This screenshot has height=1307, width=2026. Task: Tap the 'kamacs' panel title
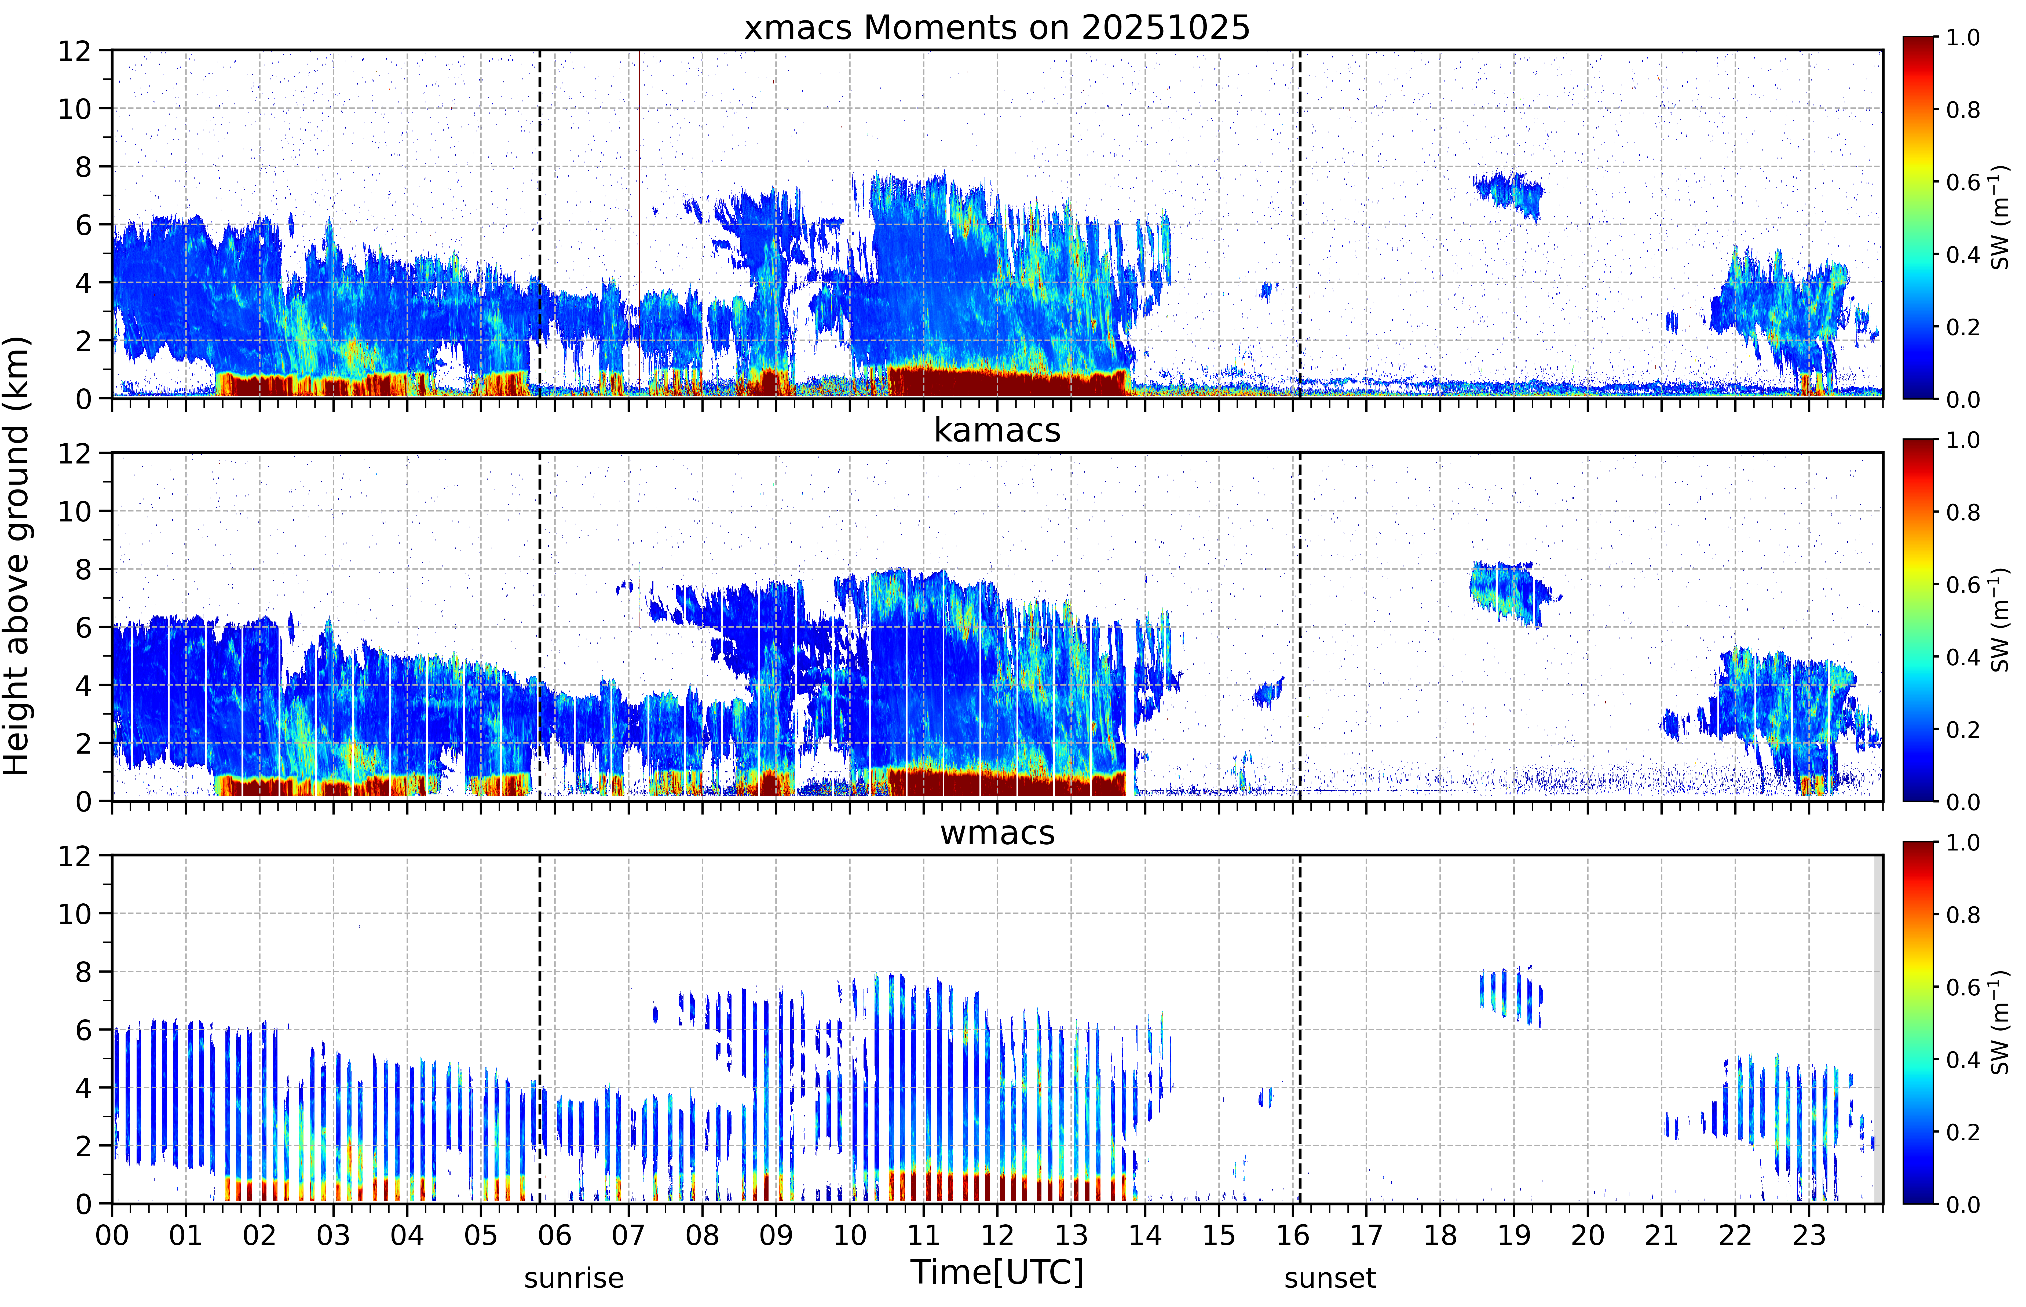pyautogui.click(x=997, y=430)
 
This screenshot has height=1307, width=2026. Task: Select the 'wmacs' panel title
pyautogui.click(x=997, y=833)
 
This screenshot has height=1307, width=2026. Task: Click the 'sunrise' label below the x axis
pyautogui.click(x=573, y=1277)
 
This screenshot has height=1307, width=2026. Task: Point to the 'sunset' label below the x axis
pyautogui.click(x=1329, y=1277)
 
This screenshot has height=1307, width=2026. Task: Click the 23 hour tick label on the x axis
pyautogui.click(x=1809, y=1235)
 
